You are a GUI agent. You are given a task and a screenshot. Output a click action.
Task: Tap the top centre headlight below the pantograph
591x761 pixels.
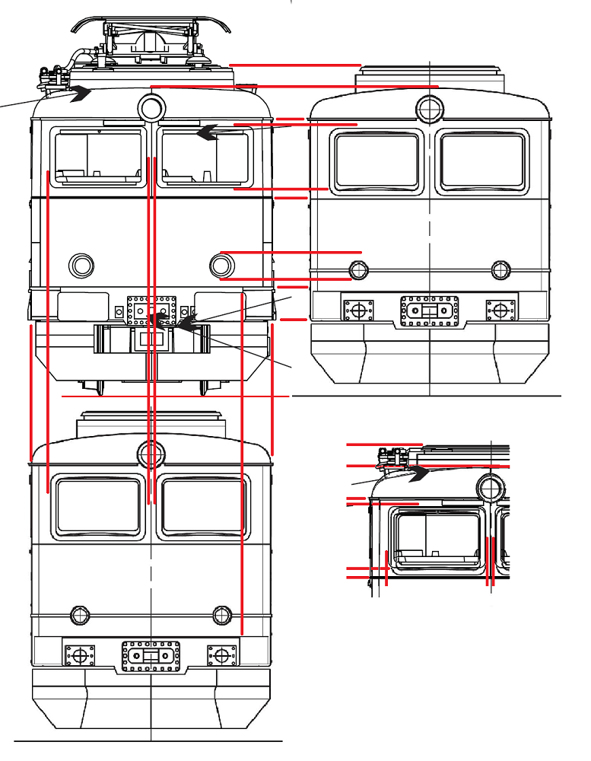pyautogui.click(x=151, y=106)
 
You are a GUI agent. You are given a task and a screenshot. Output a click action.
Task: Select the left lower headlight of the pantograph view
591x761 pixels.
pyautogui.click(x=81, y=265)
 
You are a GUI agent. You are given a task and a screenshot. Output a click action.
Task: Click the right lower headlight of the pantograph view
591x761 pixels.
pyautogui.click(x=221, y=265)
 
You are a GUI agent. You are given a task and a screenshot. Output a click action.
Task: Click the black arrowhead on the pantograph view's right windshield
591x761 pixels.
pyautogui.click(x=206, y=132)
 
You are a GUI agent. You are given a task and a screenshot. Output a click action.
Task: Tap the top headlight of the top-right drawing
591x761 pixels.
pyautogui.click(x=430, y=108)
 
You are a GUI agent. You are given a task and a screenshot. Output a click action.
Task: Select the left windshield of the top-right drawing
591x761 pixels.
pyautogui.click(x=377, y=161)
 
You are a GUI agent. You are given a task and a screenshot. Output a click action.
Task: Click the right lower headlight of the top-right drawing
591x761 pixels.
pyautogui.click(x=500, y=269)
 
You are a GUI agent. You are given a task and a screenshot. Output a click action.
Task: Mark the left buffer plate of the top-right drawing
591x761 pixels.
pyautogui.click(x=357, y=310)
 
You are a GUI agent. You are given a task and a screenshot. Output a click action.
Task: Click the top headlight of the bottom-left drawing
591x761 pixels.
pyautogui.click(x=151, y=454)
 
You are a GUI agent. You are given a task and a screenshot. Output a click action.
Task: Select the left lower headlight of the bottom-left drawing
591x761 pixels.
pyautogui.click(x=78, y=614)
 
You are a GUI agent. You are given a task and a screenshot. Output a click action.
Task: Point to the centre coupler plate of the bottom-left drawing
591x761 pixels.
pyautogui.click(x=151, y=655)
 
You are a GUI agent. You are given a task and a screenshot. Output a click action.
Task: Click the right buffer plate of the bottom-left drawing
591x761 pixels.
pyautogui.click(x=222, y=654)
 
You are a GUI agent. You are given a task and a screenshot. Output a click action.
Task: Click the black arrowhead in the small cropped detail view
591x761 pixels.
pyautogui.click(x=420, y=473)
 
